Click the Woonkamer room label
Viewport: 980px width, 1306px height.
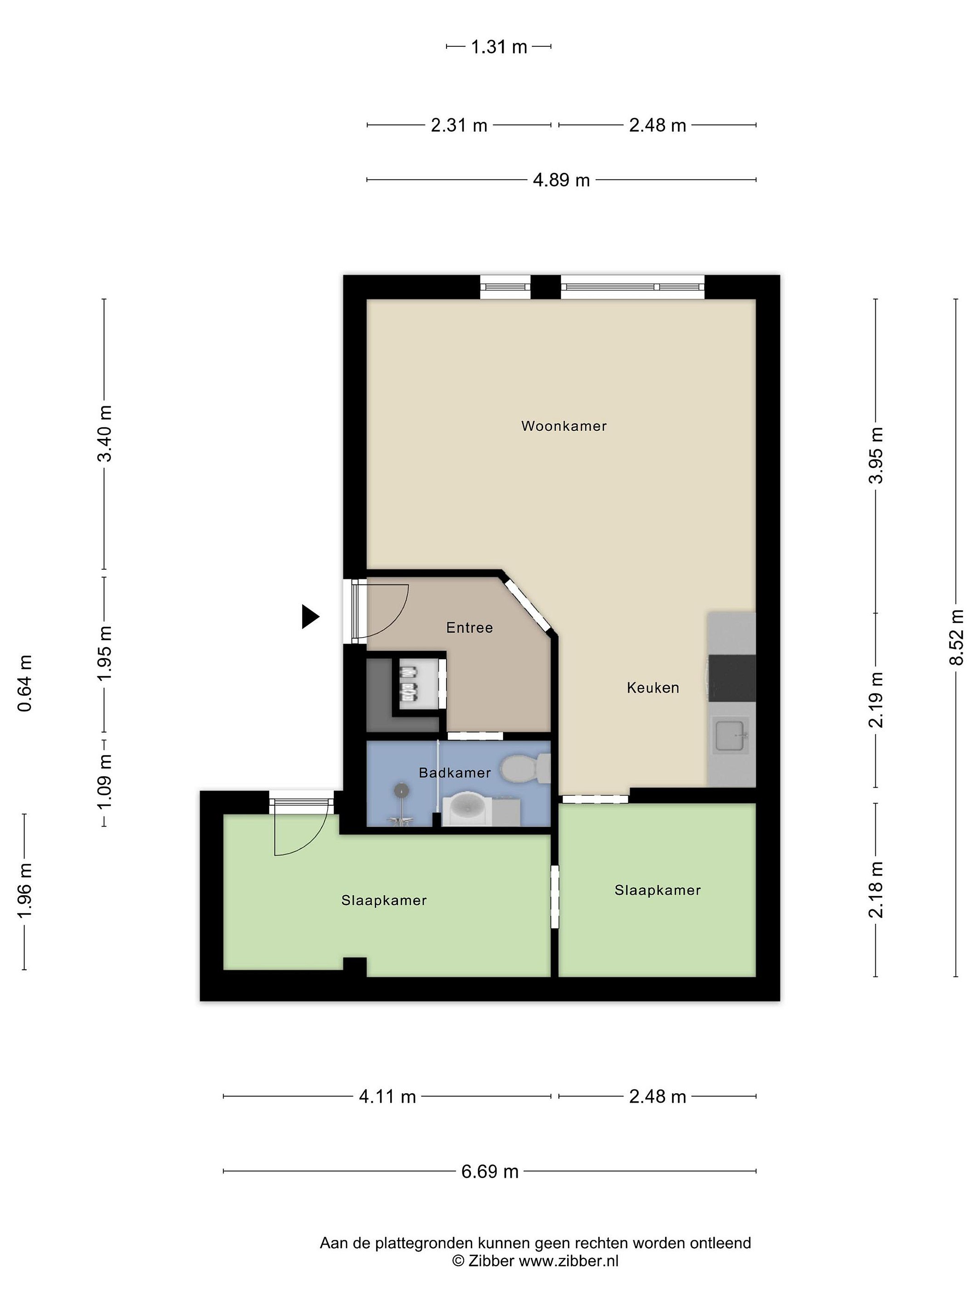coord(563,426)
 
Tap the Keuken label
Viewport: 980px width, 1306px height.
coord(653,687)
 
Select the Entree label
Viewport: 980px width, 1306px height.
coord(469,627)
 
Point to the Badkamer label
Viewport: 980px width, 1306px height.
coord(454,772)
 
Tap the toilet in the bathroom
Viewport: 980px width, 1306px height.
coord(524,769)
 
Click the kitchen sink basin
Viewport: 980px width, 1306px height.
coord(731,736)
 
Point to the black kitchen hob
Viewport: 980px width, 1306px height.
coord(731,678)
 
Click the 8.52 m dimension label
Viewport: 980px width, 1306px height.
coord(956,637)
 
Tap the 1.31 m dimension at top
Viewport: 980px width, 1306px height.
coord(499,46)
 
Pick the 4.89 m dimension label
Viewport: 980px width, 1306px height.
coord(561,180)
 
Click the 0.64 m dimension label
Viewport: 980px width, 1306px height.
coord(25,683)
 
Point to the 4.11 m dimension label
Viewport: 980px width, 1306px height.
coord(387,1096)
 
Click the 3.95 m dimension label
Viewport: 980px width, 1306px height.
coord(876,455)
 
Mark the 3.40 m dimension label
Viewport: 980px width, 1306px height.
coord(104,434)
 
